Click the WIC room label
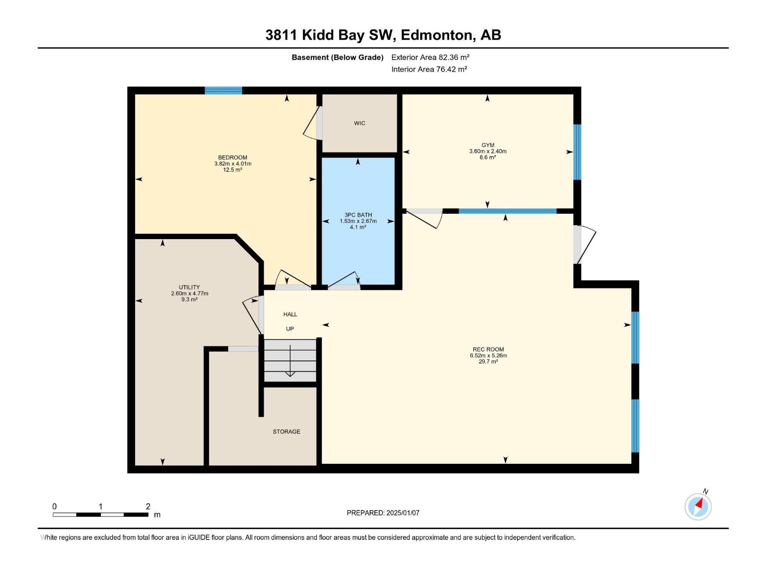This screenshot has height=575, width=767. click(x=360, y=123)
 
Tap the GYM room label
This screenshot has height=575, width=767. click(x=488, y=145)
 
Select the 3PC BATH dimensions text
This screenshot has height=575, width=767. click(x=358, y=221)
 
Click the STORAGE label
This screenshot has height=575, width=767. click(x=286, y=431)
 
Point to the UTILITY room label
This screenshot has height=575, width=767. click(x=189, y=287)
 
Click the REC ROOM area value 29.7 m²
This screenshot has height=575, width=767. click(x=488, y=362)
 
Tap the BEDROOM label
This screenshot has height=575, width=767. click(x=232, y=157)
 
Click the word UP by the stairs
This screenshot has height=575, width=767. click(x=290, y=329)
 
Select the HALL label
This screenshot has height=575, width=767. click(x=290, y=314)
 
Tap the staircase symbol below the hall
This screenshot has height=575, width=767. click(x=290, y=360)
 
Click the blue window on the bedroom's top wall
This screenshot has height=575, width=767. click(x=223, y=90)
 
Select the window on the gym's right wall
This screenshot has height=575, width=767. click(x=578, y=152)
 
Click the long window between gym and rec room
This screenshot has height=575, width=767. click(x=507, y=211)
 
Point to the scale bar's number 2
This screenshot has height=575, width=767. click(x=148, y=506)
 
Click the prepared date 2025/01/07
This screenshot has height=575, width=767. click(x=403, y=513)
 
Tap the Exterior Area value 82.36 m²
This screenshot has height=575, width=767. click(x=454, y=57)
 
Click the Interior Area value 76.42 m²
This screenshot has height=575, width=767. click(x=451, y=69)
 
